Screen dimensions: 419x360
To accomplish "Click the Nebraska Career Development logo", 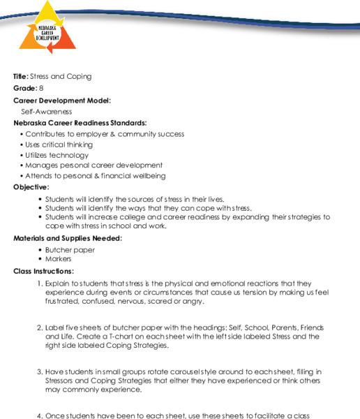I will pyautogui.click(x=47, y=31).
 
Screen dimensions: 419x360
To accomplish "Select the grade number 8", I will pyautogui.click(x=41, y=88).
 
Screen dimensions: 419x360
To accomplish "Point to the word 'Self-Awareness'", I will pyautogui.click(x=47, y=111).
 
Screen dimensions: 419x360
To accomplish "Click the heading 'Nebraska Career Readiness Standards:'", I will pyautogui.click(x=80, y=123).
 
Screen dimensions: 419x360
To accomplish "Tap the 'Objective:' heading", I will pyautogui.click(x=31, y=187).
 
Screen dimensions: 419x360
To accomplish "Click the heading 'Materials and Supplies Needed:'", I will pyautogui.click(x=68, y=238).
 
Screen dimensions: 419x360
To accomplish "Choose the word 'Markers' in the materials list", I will pyautogui.click(x=59, y=259).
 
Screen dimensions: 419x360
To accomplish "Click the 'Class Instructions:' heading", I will pyautogui.click(x=43, y=271).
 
